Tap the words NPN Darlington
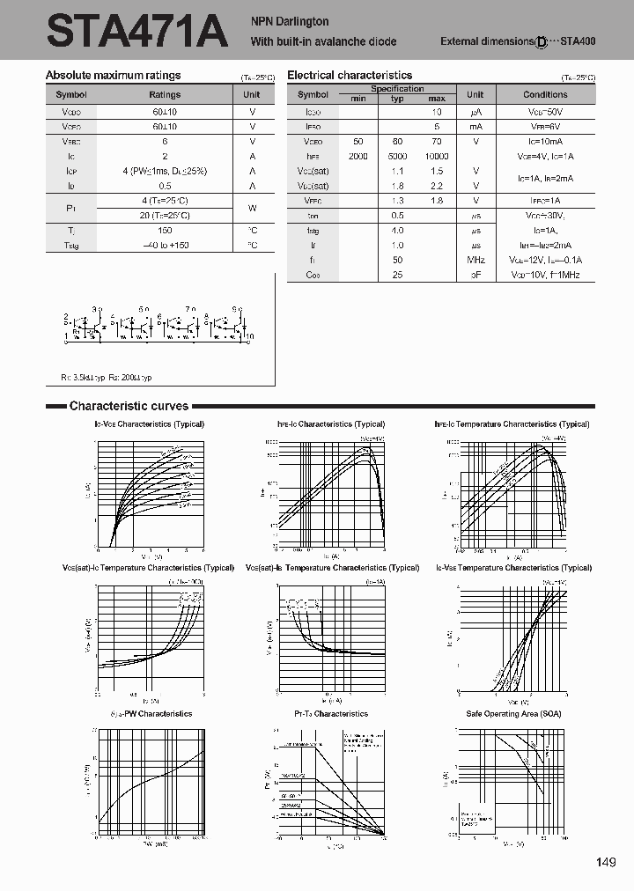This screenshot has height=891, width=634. click(x=290, y=21)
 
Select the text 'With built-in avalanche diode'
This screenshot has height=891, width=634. click(x=323, y=41)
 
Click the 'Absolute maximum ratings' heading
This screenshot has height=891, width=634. click(x=113, y=76)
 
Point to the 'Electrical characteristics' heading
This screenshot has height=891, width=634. click(x=350, y=76)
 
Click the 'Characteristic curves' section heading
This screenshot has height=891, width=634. click(x=129, y=406)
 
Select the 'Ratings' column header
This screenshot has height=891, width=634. click(x=165, y=94)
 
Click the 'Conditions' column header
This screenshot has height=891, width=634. click(x=545, y=94)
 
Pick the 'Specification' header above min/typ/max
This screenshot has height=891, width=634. click(x=397, y=89)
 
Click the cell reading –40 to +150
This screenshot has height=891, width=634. click(x=165, y=245)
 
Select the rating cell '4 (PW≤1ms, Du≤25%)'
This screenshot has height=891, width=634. click(x=165, y=171)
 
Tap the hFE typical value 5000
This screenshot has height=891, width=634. click(x=397, y=156)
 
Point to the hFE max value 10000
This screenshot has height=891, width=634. click(x=437, y=156)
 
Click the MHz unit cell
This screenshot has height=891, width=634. click(x=475, y=261)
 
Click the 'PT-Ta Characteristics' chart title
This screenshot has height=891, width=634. click(x=331, y=713)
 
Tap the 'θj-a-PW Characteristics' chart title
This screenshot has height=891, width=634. click(x=151, y=713)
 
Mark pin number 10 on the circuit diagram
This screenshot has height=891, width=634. click(x=250, y=336)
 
